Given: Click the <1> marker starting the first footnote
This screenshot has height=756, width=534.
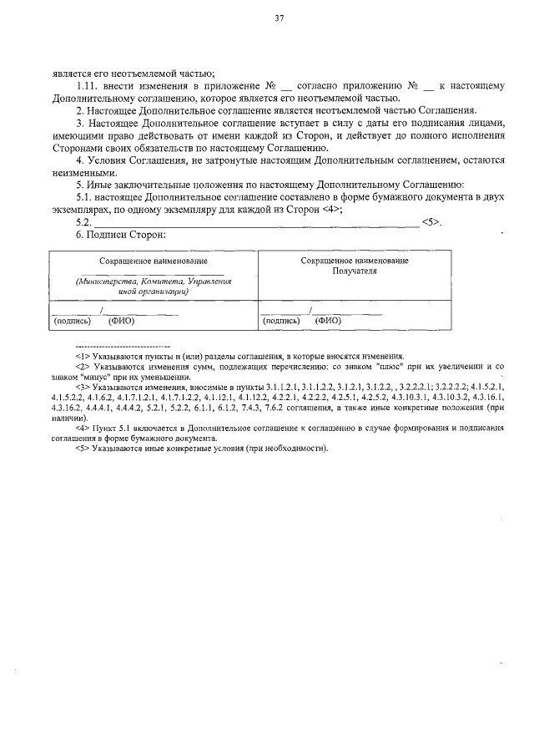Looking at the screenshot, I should [82, 356].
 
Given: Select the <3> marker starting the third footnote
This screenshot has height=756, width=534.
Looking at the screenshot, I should [82, 387].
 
